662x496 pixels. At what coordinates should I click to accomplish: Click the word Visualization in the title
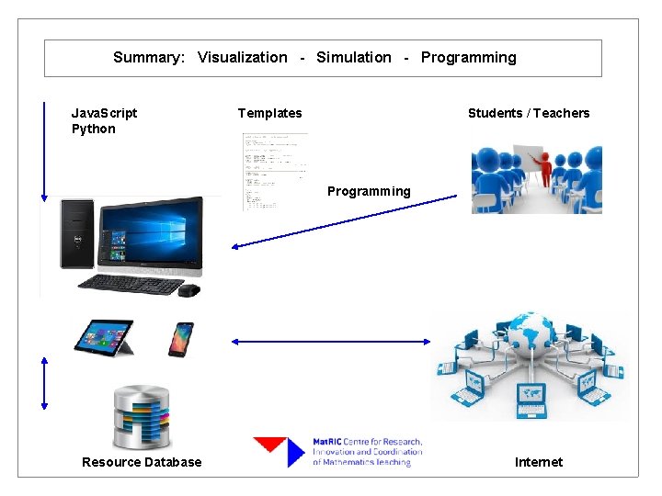[242, 57]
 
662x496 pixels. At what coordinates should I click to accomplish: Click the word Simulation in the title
[353, 57]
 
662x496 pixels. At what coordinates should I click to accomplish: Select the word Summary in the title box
[148, 57]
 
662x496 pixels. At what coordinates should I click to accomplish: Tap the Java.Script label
[104, 113]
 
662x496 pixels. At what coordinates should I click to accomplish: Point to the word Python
[94, 129]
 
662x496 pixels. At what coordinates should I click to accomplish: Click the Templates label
[269, 113]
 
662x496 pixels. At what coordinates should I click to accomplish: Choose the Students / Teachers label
[529, 113]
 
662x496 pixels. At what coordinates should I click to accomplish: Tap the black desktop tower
[76, 233]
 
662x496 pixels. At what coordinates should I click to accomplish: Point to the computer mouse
[189, 290]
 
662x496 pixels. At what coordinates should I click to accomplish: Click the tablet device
[104, 337]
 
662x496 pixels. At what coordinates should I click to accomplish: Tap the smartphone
[181, 339]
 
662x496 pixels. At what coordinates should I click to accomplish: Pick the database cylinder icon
[141, 417]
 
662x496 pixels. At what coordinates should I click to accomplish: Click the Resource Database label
[142, 462]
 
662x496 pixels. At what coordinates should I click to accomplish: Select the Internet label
[539, 462]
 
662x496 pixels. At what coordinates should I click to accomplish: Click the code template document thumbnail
[275, 171]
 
